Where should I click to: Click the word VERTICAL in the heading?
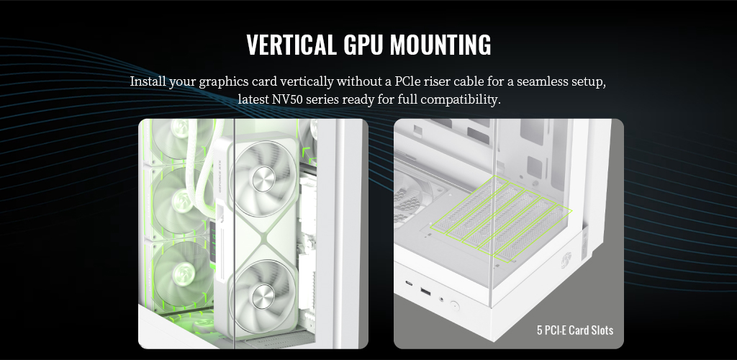tap(291, 45)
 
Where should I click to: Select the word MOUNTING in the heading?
tap(440, 45)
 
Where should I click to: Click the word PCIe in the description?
tap(407, 81)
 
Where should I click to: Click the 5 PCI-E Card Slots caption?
tap(575, 330)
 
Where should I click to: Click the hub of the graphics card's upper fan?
tap(263, 179)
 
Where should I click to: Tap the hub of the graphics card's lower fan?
tap(263, 296)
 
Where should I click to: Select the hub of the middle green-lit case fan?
tap(181, 201)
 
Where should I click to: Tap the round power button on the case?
tap(454, 307)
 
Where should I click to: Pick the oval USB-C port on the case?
tap(409, 284)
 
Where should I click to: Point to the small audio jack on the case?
tap(441, 299)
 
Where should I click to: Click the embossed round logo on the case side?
tap(567, 259)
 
